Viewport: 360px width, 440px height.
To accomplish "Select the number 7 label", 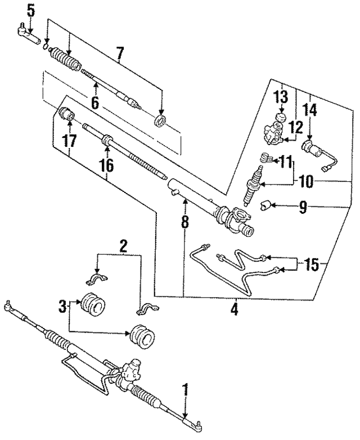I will pyautogui.click(x=119, y=54).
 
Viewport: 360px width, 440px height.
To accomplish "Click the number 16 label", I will pyautogui.click(x=106, y=165).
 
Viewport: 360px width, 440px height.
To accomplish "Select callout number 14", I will pyautogui.click(x=310, y=110).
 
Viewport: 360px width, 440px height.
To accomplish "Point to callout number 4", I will pyautogui.click(x=235, y=309).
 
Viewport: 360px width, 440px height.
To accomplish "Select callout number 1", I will pyautogui.click(x=184, y=390).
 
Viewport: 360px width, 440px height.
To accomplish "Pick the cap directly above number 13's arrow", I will pyautogui.click(x=277, y=119).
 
